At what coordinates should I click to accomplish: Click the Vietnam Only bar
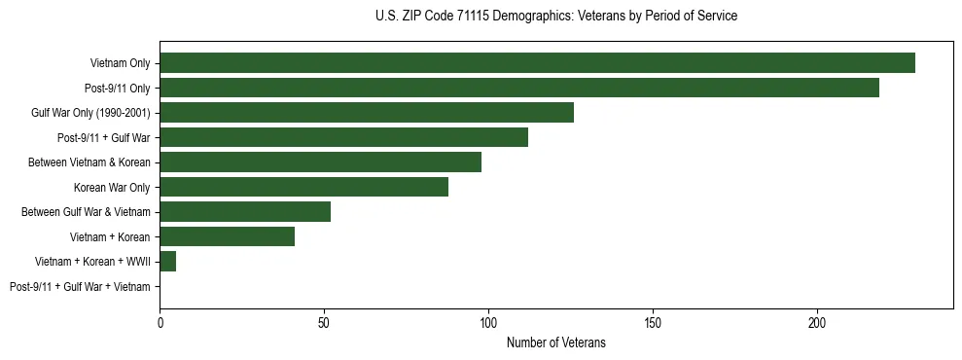click(x=537, y=63)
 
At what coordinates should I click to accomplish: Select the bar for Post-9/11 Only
click(x=519, y=88)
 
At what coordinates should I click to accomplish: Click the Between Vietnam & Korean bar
click(x=321, y=162)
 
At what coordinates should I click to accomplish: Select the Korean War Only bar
click(x=304, y=187)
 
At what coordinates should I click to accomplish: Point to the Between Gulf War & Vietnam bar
click(x=245, y=211)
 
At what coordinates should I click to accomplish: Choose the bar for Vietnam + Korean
click(x=228, y=236)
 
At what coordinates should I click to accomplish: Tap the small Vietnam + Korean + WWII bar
click(x=168, y=261)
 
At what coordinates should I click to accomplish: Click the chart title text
click(x=555, y=17)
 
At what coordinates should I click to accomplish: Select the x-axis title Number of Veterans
click(x=555, y=342)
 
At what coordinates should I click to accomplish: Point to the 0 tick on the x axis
click(x=160, y=322)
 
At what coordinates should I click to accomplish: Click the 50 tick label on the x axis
click(x=324, y=322)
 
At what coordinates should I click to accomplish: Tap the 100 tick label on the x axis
click(x=488, y=322)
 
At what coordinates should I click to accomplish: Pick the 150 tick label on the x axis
click(x=653, y=322)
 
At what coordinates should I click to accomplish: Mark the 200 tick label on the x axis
click(x=817, y=322)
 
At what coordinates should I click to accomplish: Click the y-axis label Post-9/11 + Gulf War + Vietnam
click(x=80, y=286)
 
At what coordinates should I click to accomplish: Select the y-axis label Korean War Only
click(x=112, y=187)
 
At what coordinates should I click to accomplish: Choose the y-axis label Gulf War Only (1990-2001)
click(x=90, y=113)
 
